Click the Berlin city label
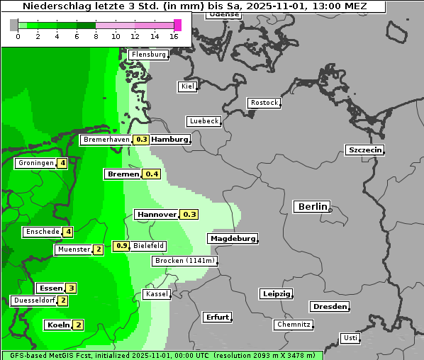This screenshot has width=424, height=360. [x=311, y=207]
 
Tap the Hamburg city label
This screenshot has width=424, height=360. [x=170, y=140]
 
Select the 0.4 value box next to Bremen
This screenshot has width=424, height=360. [x=152, y=174]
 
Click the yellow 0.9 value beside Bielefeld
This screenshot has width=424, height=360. [x=121, y=246]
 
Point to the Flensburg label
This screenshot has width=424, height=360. [x=148, y=55]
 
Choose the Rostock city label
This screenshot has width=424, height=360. [x=264, y=103]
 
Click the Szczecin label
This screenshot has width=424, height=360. [x=364, y=150]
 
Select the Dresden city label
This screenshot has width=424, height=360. [x=329, y=307]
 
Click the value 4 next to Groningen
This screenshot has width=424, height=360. [x=62, y=163]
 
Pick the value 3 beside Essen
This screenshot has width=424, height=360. [x=71, y=288]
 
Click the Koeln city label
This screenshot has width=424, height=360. [x=57, y=325]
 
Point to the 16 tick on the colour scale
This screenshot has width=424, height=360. [x=174, y=36]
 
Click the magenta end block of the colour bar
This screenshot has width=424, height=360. [x=177, y=25]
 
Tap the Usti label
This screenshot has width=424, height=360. [x=350, y=338]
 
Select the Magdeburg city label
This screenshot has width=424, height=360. [x=232, y=239]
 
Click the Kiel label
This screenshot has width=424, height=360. [x=187, y=86]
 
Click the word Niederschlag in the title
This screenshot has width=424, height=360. [x=50, y=6]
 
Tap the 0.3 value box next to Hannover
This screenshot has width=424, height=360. [x=189, y=214]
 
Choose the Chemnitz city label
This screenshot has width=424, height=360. [x=293, y=325]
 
